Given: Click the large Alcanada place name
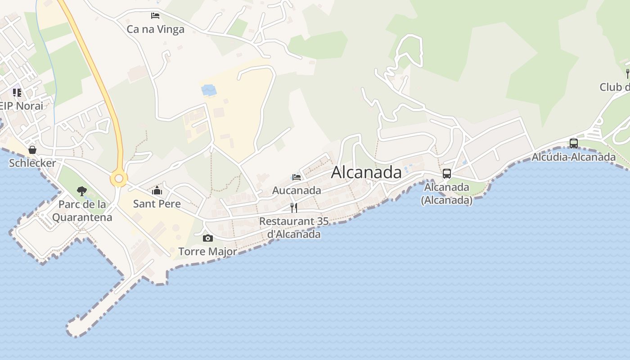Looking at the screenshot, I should click(366, 172).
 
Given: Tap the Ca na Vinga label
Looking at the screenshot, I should click(155, 30).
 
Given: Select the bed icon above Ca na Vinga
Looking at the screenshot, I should click(155, 16).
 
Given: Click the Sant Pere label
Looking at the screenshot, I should click(157, 204).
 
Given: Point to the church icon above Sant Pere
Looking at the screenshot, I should click(157, 191).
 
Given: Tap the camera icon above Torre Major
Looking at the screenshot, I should click(207, 238).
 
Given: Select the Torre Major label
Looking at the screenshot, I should click(207, 252).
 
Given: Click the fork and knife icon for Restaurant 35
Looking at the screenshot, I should click(294, 207).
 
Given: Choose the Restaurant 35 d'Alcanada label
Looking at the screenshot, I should click(294, 228).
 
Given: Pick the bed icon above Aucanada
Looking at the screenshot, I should click(296, 177).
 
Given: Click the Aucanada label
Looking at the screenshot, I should click(297, 190).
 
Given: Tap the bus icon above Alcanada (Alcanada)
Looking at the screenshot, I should click(447, 174).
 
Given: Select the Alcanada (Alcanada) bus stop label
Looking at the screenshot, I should click(447, 193).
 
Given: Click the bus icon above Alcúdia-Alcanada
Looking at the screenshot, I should click(574, 144).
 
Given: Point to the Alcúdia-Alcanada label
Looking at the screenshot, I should click(573, 157).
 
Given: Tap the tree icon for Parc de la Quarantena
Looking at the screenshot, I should click(81, 191).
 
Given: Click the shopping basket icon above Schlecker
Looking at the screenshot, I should click(32, 150).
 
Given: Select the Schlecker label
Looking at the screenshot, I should click(32, 163).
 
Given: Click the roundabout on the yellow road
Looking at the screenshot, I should click(119, 179).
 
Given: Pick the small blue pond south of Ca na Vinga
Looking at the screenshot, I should click(209, 90).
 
